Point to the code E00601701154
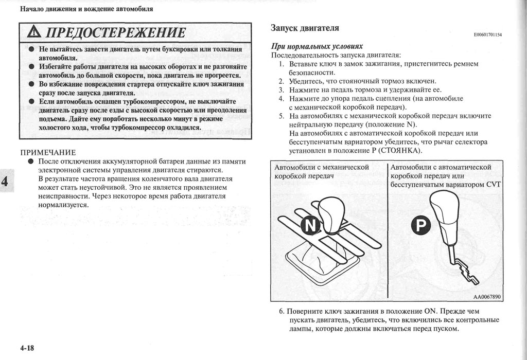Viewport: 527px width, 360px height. pos(487,35)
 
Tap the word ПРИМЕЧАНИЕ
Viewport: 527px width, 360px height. pos(48,152)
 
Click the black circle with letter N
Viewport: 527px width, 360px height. pos(310,225)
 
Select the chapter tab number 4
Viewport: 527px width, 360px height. pos(5,181)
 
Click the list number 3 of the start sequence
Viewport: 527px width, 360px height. pos(282,89)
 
